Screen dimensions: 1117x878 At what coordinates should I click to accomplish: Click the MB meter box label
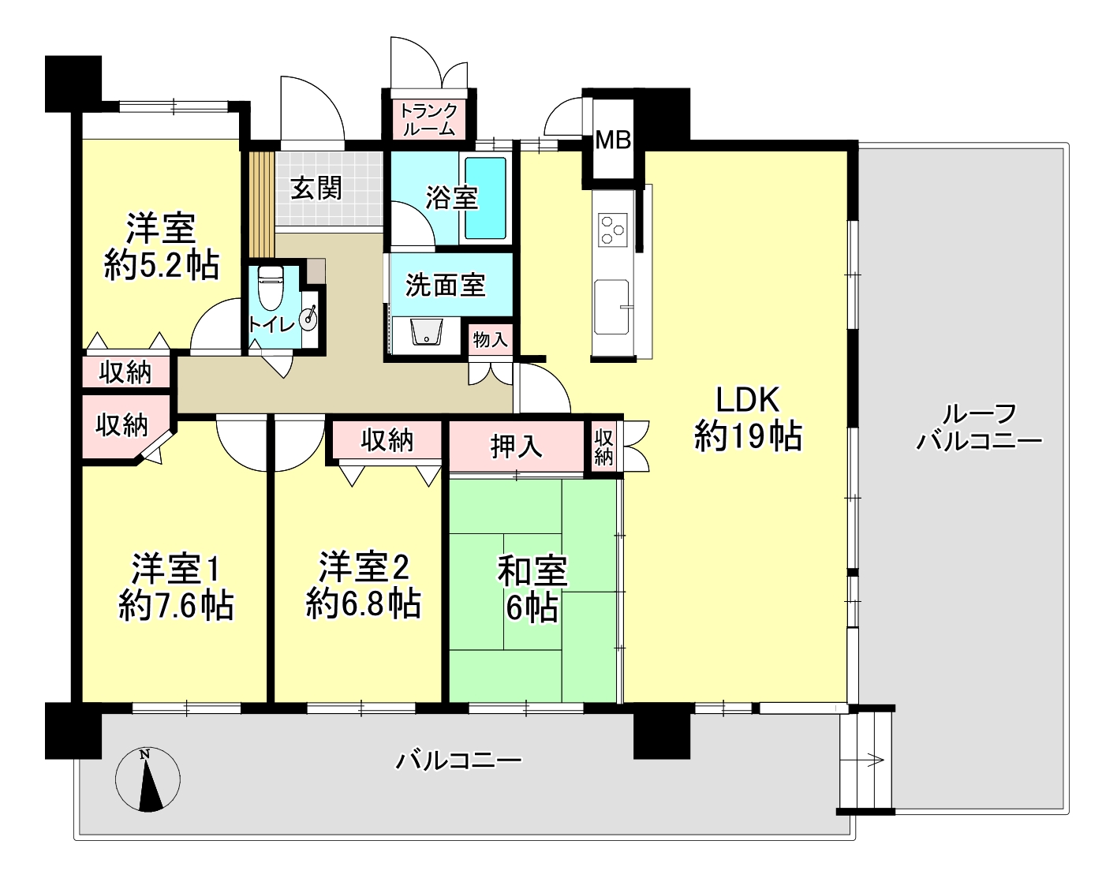(x=613, y=140)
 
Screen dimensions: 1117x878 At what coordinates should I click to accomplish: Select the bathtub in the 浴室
(x=485, y=199)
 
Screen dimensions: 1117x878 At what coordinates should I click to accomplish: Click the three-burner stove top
(x=613, y=230)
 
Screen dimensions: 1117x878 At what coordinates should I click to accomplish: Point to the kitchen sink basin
(x=611, y=306)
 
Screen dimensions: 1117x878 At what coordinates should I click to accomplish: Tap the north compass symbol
(x=148, y=780)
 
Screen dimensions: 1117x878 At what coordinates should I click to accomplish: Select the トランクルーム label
(x=428, y=119)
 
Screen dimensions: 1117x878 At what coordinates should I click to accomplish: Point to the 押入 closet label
(x=516, y=446)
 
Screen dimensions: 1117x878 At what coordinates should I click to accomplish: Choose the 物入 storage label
(x=491, y=339)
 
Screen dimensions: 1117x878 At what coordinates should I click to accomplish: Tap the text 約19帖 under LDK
(x=748, y=436)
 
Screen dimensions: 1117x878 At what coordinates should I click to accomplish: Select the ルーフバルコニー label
(x=979, y=428)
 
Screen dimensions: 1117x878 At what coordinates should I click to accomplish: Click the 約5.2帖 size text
(x=162, y=265)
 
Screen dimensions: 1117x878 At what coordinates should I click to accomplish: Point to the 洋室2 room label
(x=364, y=566)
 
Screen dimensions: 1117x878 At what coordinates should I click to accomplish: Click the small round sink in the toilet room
(x=311, y=316)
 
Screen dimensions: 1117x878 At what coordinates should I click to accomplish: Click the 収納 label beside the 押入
(x=603, y=446)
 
